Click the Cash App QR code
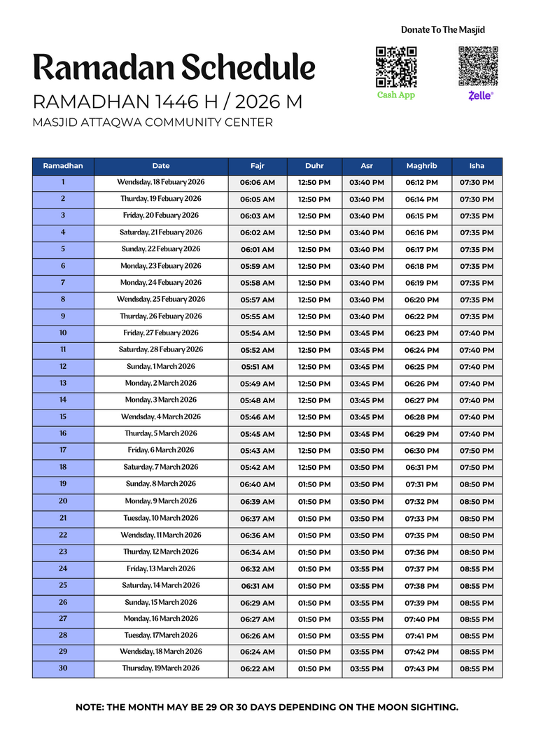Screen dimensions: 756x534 point(396,67)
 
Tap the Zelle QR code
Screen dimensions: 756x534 point(478,66)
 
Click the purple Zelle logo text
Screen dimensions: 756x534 point(480,95)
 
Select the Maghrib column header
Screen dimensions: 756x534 point(421,166)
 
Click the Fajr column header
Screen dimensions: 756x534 point(257,166)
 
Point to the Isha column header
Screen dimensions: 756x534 point(477,166)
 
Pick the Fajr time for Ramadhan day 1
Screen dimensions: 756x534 point(257,183)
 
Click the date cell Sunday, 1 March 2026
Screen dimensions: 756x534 point(161,367)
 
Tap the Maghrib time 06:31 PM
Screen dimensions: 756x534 point(421,468)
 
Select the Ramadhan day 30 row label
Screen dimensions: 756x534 point(63,668)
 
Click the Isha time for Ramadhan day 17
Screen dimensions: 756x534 point(477,451)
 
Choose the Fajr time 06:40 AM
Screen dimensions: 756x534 point(257,484)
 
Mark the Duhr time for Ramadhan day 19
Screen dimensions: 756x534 point(314,484)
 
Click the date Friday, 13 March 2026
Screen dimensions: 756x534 point(161,569)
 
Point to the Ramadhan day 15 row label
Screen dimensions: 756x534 point(63,417)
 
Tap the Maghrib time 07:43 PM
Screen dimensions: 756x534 point(421,669)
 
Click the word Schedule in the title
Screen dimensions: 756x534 point(248,68)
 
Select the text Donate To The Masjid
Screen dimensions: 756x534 point(442,30)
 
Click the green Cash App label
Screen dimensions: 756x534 point(396,95)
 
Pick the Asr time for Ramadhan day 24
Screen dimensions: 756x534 point(367,569)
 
